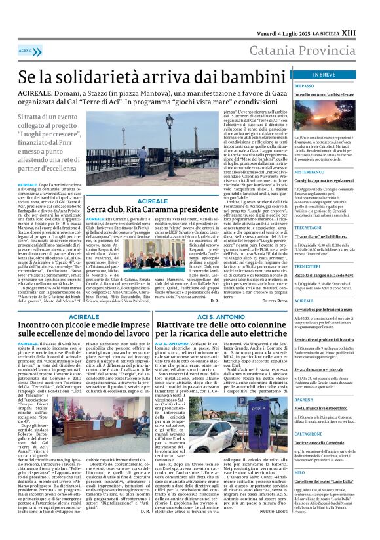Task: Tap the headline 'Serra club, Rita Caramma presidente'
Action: click(152, 209)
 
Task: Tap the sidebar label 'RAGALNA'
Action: click(304, 399)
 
